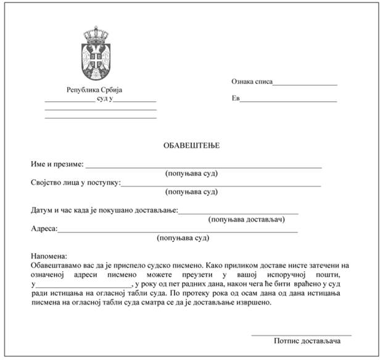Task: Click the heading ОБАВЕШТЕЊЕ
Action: click(x=191, y=146)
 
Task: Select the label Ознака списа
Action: click(x=252, y=81)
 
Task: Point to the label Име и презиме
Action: click(x=57, y=164)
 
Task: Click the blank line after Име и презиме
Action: click(x=204, y=167)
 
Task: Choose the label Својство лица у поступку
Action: click(x=75, y=183)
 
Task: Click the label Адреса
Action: click(x=44, y=228)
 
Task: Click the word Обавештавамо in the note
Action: click(x=57, y=264)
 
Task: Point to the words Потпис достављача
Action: click(x=312, y=341)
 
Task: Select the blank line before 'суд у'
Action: click(x=69, y=100)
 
